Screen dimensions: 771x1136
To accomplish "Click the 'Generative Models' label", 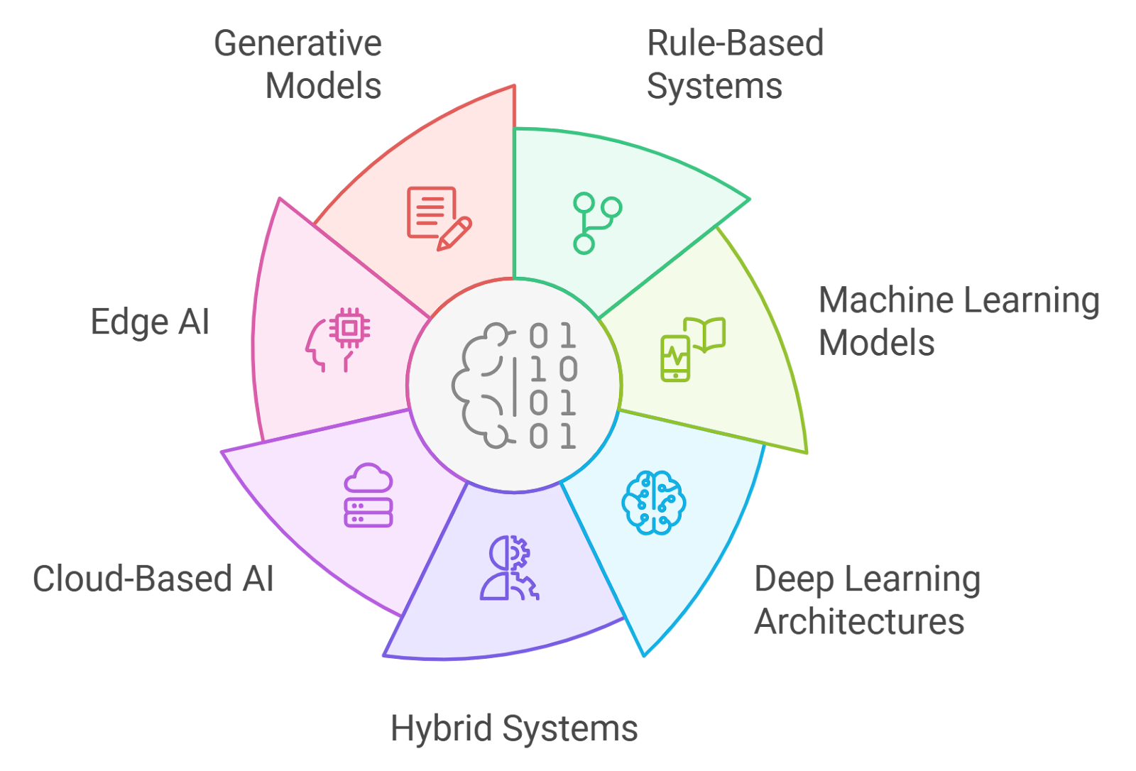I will click(x=298, y=65).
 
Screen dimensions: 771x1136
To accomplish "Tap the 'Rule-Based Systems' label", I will click(x=734, y=65).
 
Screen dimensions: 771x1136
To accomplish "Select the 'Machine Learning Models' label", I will click(x=958, y=322).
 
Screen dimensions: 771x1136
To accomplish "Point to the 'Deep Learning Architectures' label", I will click(x=866, y=601).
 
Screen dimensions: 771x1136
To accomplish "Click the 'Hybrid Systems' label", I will click(x=514, y=729).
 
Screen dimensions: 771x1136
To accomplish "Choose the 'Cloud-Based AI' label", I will click(x=153, y=579).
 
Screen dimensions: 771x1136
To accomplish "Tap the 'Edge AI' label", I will click(x=151, y=322).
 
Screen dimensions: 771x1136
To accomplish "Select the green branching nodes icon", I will click(x=596, y=223).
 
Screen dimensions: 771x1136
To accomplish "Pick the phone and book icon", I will click(x=692, y=349).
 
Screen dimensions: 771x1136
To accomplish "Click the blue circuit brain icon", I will click(x=653, y=502).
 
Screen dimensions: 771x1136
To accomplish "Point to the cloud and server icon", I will click(x=368, y=496).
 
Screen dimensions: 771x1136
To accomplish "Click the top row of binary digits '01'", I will click(x=552, y=336).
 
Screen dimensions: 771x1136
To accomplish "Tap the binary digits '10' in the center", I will click(x=554, y=369).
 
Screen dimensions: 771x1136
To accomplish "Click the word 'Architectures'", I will click(x=859, y=622).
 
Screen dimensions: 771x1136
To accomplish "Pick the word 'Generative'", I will click(x=298, y=43).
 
